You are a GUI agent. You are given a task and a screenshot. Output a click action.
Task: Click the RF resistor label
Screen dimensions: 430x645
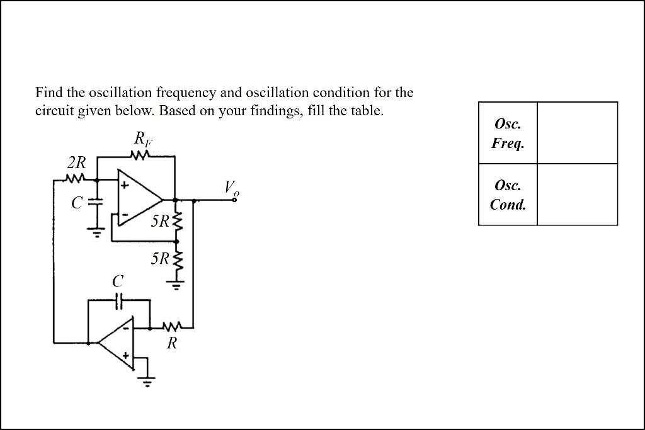(x=142, y=139)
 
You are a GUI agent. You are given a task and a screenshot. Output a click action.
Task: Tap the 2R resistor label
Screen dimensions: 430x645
(x=76, y=163)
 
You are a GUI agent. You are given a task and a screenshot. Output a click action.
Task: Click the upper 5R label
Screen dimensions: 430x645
(x=160, y=222)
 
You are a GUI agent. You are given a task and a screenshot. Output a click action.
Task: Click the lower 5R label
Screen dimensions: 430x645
(x=160, y=259)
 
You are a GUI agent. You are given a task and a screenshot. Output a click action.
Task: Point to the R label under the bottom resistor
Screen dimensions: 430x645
(x=171, y=343)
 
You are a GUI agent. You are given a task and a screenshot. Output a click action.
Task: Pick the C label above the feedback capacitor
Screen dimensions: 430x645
(x=118, y=281)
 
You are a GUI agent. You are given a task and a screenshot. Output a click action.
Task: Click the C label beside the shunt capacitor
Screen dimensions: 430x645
(x=77, y=203)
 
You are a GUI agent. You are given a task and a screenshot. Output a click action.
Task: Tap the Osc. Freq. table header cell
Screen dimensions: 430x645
(x=508, y=133)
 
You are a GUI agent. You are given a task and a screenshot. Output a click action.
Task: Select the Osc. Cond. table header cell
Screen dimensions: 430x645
(x=508, y=195)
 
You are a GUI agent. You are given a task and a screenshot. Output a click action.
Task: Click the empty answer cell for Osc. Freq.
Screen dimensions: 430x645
(x=577, y=133)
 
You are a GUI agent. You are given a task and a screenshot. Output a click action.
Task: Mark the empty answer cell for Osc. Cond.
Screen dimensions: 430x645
(x=577, y=195)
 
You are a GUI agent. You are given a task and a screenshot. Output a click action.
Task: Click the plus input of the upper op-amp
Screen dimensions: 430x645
(x=125, y=186)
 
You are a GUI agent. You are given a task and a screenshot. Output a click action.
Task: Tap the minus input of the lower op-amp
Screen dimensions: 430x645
(x=125, y=328)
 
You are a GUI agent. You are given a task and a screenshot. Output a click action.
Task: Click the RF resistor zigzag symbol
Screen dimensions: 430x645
(x=142, y=154)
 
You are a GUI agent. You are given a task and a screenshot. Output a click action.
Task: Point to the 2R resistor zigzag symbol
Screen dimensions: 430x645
(x=76, y=179)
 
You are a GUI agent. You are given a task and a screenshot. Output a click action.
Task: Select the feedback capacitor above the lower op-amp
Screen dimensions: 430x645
(x=119, y=302)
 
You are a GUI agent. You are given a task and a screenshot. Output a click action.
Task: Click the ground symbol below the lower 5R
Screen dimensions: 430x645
(x=177, y=286)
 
